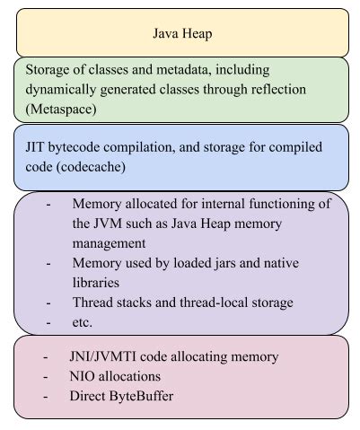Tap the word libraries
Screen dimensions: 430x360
[101, 283]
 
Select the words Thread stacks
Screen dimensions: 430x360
[110, 303]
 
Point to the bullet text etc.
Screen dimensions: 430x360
[83, 322]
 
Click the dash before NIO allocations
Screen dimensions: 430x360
[46, 375]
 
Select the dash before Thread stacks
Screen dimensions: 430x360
[48, 303]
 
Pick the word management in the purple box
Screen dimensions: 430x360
[111, 243]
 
